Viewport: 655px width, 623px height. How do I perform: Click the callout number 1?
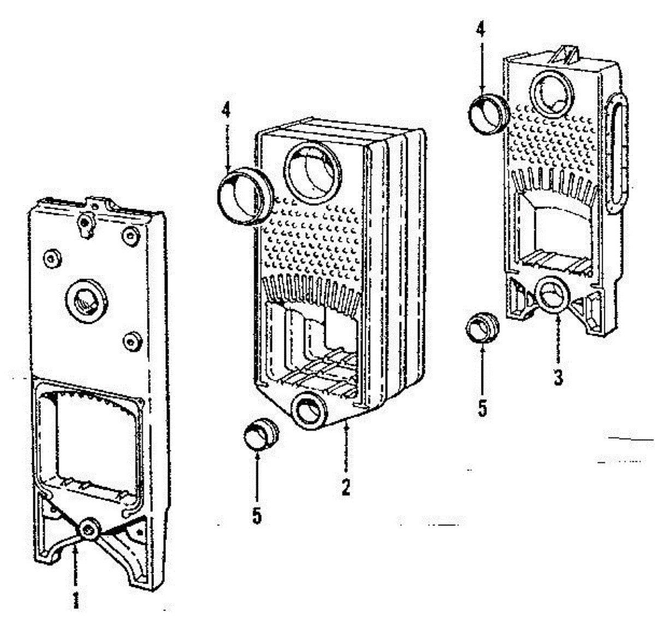point(76,599)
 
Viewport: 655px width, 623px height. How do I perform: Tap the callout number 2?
point(346,487)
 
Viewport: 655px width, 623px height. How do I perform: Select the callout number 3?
point(558,377)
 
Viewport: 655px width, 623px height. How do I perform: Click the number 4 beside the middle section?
point(226,111)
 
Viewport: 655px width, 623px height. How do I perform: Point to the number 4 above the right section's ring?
point(480,29)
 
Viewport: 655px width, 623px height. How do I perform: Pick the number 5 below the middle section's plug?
point(257,515)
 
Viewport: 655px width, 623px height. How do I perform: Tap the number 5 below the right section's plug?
point(482,408)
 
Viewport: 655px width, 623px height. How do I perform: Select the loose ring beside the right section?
point(489,114)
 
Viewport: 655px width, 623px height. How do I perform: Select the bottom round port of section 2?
point(309,409)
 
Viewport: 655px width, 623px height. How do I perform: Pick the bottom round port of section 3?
point(554,295)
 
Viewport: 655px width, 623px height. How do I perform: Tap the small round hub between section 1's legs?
point(88,529)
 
